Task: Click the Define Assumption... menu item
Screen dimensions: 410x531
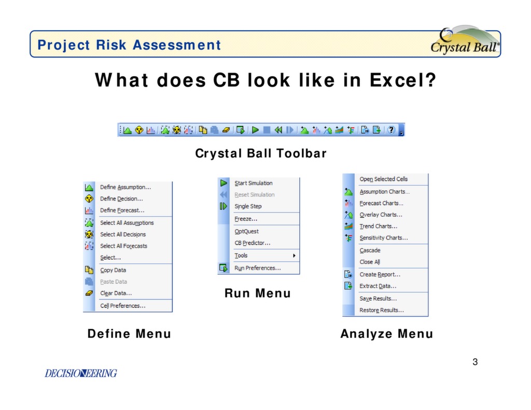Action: [x=125, y=187]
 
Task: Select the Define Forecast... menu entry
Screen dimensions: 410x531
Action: [x=122, y=210]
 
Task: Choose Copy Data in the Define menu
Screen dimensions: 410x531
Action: [x=113, y=270]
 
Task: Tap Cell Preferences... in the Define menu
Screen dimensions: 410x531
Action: [x=122, y=306]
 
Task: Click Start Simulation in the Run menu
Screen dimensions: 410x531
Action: [x=253, y=183]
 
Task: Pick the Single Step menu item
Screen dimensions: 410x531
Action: [x=248, y=206]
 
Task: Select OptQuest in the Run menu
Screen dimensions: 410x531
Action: [x=246, y=231]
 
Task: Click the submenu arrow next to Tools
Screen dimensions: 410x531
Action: [x=294, y=256]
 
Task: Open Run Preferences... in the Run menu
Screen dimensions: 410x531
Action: [x=257, y=268]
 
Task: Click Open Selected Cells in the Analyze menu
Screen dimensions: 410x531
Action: [x=383, y=179]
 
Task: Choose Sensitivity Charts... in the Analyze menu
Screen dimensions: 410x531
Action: [x=384, y=238]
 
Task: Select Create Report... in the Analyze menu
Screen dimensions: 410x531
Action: [x=380, y=275]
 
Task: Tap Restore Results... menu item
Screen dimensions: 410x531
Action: [x=381, y=310]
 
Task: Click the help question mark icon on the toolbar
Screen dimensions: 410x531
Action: [x=391, y=130]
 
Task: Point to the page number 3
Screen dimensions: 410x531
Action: [x=475, y=362]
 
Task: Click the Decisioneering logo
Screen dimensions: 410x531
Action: [x=80, y=373]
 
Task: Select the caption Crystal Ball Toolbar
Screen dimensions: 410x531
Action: [x=261, y=153]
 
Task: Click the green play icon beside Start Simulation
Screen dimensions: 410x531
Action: [x=223, y=183]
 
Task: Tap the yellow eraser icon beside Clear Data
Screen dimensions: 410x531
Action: [x=89, y=293]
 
